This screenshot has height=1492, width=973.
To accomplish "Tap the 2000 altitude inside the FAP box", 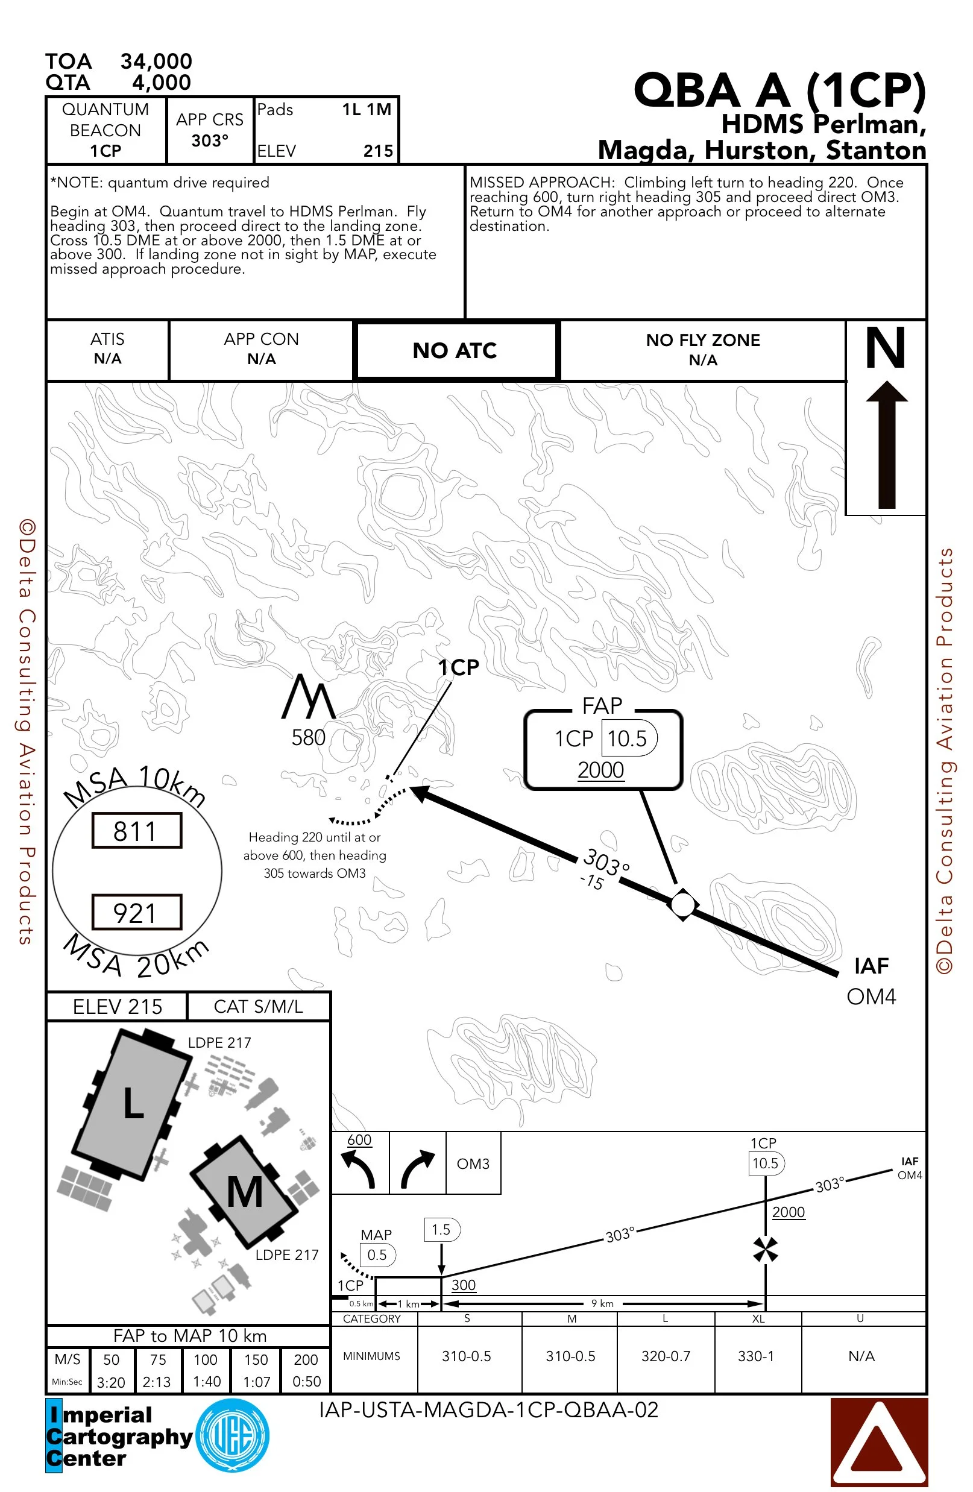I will pos(600,770).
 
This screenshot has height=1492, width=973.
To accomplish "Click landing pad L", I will pos(132,1104).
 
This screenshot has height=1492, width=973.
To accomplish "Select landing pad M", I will pos(244,1192).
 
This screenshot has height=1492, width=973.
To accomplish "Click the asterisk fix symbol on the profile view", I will pos(766,1249).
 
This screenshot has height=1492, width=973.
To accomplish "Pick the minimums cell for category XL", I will pos(756,1356).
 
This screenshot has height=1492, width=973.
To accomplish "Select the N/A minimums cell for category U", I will pos(861,1356).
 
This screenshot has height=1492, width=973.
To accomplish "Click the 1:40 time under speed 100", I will pos(206,1381).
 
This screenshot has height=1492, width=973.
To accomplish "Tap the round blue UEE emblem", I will pos(233,1435).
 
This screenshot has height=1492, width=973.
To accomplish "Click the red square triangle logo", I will pos(878,1441).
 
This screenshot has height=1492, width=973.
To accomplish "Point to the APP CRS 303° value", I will pos(209,140).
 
